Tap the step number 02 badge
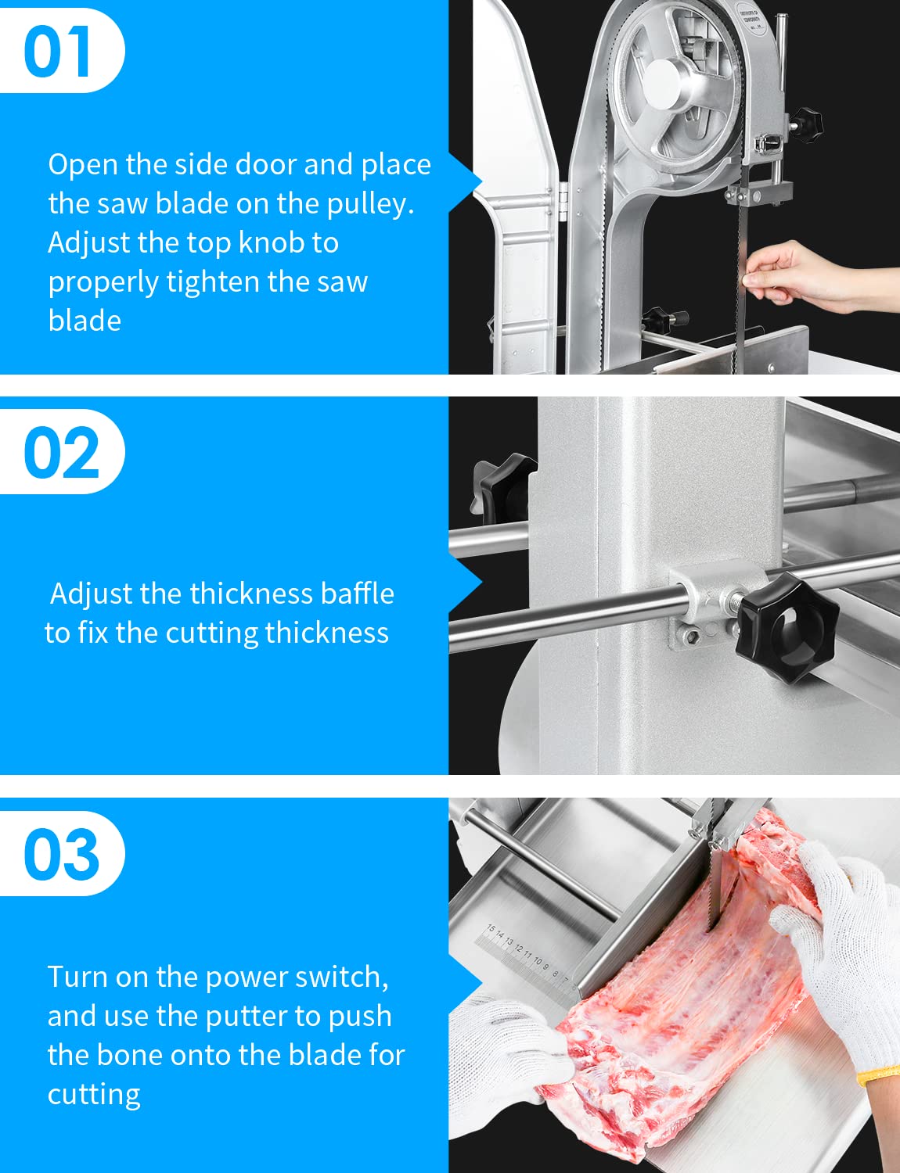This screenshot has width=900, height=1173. coord(61,453)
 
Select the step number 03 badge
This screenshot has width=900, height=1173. coord(61,854)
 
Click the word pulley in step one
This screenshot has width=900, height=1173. coord(370,204)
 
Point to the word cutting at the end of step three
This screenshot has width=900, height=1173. coord(94,1094)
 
